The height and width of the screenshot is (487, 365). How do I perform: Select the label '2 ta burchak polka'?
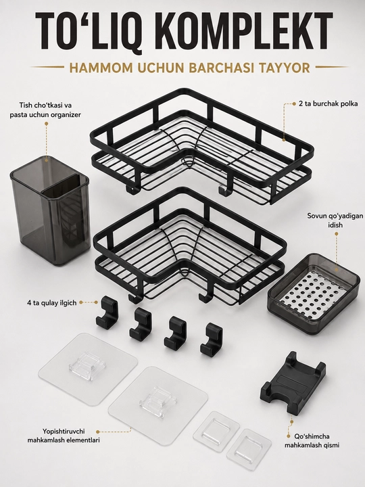[x=328, y=103]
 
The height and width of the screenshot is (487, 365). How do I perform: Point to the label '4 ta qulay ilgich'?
[x=51, y=302]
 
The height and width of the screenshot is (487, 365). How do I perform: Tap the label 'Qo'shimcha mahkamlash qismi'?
[x=312, y=441]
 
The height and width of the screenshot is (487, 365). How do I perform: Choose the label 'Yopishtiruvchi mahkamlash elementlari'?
[x=64, y=436]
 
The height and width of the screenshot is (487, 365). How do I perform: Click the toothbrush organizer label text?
[x=45, y=110]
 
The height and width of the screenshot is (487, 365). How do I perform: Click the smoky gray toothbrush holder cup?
[x=50, y=208]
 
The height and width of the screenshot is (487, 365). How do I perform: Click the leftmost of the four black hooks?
[x=107, y=311]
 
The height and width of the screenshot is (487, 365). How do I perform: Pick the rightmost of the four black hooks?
[x=212, y=340]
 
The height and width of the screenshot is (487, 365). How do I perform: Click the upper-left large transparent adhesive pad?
[x=88, y=369]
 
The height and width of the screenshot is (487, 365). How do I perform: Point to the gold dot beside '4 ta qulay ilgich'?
[x=81, y=302]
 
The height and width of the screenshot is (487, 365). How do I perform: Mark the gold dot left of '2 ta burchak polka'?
[x=294, y=104]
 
